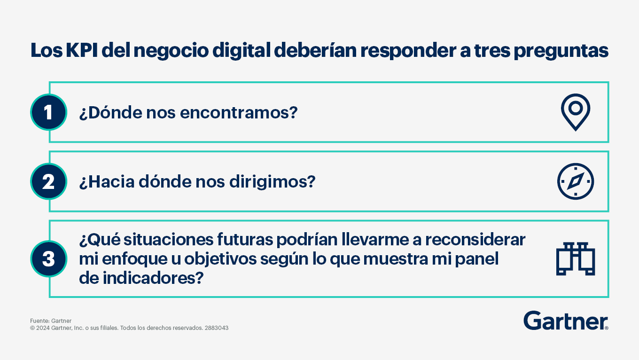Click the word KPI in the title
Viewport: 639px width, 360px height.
pos(82,50)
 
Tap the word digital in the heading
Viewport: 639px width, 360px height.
pos(242,51)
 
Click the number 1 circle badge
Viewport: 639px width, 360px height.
pos(49,112)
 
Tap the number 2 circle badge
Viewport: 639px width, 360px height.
pos(49,181)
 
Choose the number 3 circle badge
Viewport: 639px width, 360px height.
pos(49,259)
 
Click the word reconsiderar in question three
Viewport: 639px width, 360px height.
pos(475,240)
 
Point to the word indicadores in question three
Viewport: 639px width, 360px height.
pos(153,278)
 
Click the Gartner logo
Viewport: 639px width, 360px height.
pos(566,321)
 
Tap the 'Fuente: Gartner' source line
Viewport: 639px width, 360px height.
pos(51,321)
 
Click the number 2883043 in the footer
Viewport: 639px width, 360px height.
pos(217,328)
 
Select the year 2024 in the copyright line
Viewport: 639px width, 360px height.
pos(43,328)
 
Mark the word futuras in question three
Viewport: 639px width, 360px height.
pos(245,240)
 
